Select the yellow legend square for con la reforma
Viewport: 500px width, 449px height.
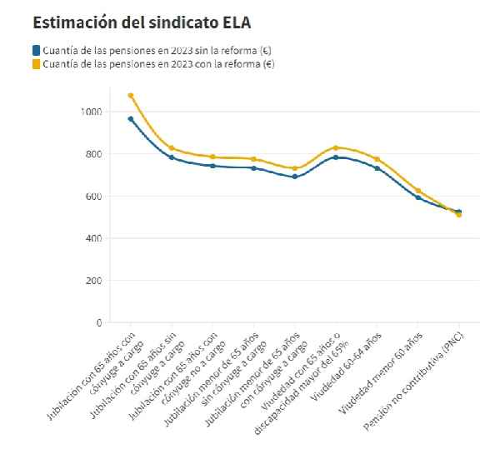(36, 63)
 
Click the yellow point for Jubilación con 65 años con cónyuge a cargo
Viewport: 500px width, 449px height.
(131, 95)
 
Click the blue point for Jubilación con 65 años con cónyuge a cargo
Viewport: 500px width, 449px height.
(131, 118)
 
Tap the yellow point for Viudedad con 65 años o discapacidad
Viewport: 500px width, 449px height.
(336, 147)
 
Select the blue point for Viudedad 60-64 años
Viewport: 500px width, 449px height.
(377, 168)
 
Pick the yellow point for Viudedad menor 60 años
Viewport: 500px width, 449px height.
(417, 191)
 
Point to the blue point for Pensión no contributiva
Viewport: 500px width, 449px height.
(458, 212)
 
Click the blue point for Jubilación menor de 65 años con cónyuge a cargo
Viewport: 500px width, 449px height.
(295, 177)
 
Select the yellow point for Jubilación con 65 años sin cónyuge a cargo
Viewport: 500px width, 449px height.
(172, 148)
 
